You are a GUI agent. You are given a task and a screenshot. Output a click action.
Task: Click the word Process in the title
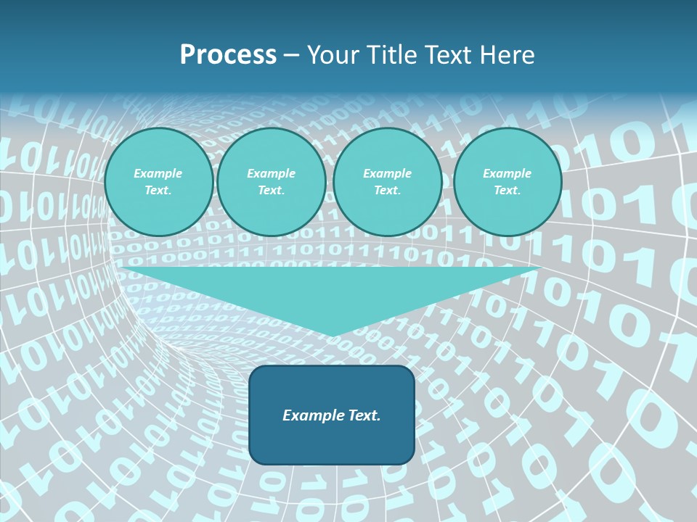click(228, 55)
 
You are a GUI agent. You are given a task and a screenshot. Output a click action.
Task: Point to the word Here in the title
click(508, 55)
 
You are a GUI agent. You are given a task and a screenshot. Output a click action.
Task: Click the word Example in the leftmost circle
click(158, 173)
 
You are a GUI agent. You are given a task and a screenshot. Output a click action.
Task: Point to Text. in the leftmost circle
click(158, 191)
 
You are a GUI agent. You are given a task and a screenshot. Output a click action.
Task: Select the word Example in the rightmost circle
click(507, 173)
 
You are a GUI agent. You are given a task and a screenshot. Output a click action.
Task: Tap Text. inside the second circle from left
click(271, 191)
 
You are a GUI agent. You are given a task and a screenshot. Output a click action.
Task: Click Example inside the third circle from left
click(387, 173)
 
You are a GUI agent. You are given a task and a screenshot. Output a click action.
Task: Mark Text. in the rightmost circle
click(507, 191)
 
